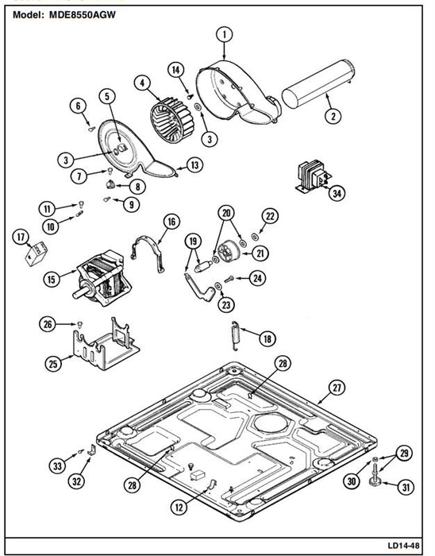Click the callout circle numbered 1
[224, 35]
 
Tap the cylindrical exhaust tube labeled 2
[318, 83]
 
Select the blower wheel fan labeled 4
[171, 117]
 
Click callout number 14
[176, 70]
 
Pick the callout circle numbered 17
[21, 237]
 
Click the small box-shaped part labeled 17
[37, 253]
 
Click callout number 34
[337, 193]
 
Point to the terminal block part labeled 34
[313, 177]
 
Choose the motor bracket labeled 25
[106, 345]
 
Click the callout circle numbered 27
[337, 388]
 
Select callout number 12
[179, 508]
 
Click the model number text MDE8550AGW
[83, 15]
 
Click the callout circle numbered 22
[270, 216]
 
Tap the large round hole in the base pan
[272, 423]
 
